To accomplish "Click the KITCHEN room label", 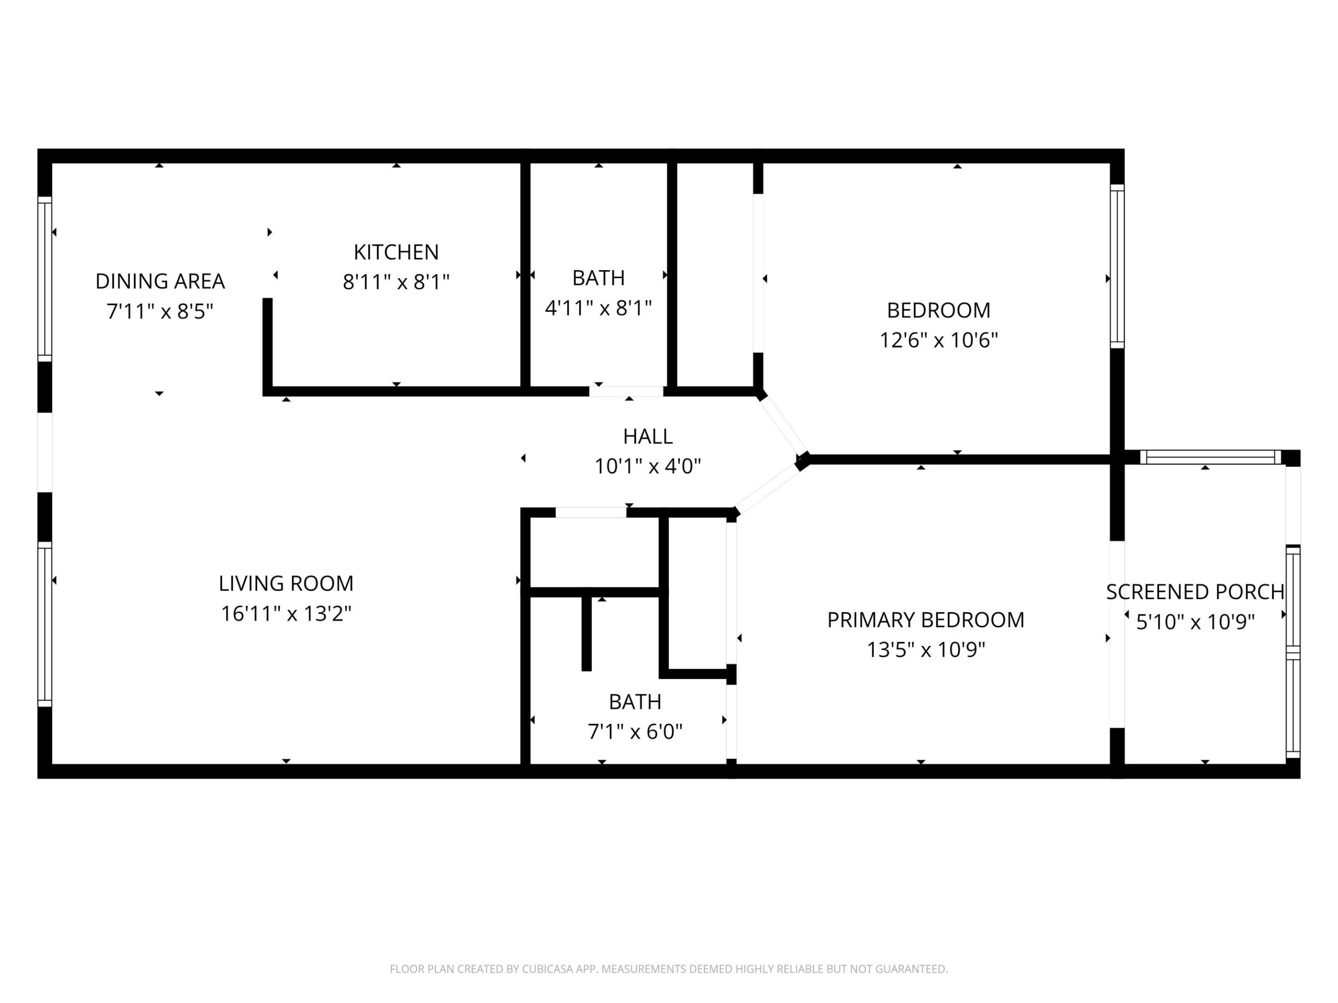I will coord(396,252).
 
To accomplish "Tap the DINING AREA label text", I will coord(160,281).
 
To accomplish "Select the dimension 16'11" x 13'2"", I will coord(286,614).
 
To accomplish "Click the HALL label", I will coord(647,436).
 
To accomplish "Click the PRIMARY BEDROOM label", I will coord(925,620).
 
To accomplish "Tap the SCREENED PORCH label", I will coord(1194,592).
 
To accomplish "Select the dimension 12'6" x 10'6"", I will coord(938,340).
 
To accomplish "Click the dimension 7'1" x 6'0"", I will coord(635,732).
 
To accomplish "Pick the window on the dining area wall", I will coord(45,278).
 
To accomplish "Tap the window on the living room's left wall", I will coord(45,624).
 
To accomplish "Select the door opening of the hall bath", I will coord(626,391).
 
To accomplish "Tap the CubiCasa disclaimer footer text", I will coord(669,969).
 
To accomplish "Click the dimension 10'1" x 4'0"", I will coord(647,467).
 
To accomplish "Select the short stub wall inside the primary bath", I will coord(586,632).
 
